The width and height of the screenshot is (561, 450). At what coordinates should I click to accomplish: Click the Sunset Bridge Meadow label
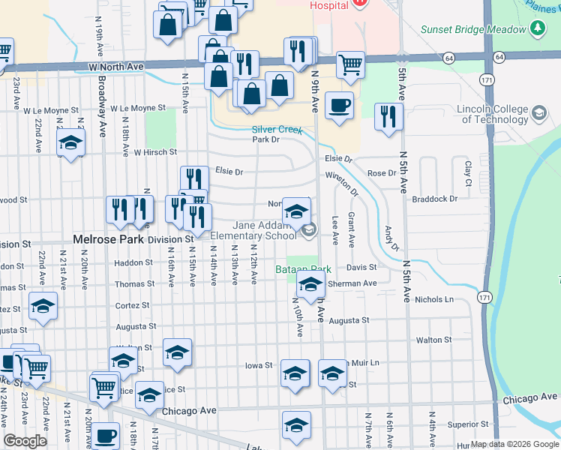tap(473, 29)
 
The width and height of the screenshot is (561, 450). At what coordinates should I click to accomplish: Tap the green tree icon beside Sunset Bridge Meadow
tap(537, 29)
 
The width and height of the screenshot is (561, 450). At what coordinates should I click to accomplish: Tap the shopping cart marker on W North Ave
tap(350, 65)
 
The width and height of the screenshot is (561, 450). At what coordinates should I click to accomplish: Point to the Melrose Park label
tap(109, 239)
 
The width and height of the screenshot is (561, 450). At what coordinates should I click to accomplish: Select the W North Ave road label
tap(115, 67)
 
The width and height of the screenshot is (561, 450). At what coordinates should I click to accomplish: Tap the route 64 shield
tap(448, 57)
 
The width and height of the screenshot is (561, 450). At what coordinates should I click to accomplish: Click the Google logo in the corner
tap(25, 441)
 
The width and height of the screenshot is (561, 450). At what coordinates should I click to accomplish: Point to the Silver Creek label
tap(277, 129)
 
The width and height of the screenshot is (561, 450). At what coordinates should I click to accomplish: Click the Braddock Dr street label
tap(435, 199)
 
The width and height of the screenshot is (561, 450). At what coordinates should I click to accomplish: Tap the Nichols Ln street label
tap(435, 299)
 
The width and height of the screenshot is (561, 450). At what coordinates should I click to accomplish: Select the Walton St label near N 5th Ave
tap(433, 340)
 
